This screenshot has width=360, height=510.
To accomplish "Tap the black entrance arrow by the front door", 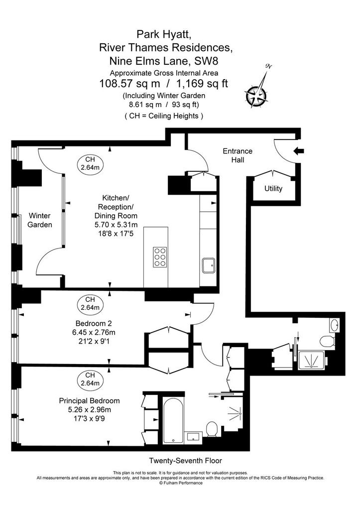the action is point(299,151).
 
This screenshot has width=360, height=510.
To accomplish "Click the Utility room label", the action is point(273,189).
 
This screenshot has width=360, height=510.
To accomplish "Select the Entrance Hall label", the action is point(238,155).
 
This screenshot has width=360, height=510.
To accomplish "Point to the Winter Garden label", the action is point(40,220).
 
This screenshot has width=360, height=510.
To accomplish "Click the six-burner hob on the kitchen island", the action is point(160,257).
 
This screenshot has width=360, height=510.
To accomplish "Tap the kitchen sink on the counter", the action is point(209,266).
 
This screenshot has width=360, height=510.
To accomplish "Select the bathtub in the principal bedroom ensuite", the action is point(173,420).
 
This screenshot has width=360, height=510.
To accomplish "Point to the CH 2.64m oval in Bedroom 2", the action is point(90,303).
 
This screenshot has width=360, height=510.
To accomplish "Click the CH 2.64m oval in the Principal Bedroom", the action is point(90,379).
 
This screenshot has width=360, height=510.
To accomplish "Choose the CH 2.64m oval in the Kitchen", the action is point(90,163).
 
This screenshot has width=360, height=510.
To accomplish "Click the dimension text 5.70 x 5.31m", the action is point(116,225).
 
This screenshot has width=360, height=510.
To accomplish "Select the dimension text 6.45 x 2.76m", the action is point(94,332).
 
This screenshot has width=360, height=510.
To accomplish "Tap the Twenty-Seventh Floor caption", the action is point(185,461).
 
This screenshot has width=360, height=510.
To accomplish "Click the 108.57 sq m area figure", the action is point(129,84).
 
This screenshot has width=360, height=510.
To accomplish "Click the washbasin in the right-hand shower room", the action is point(334,324).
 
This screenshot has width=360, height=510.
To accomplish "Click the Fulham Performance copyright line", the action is point(181,483).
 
